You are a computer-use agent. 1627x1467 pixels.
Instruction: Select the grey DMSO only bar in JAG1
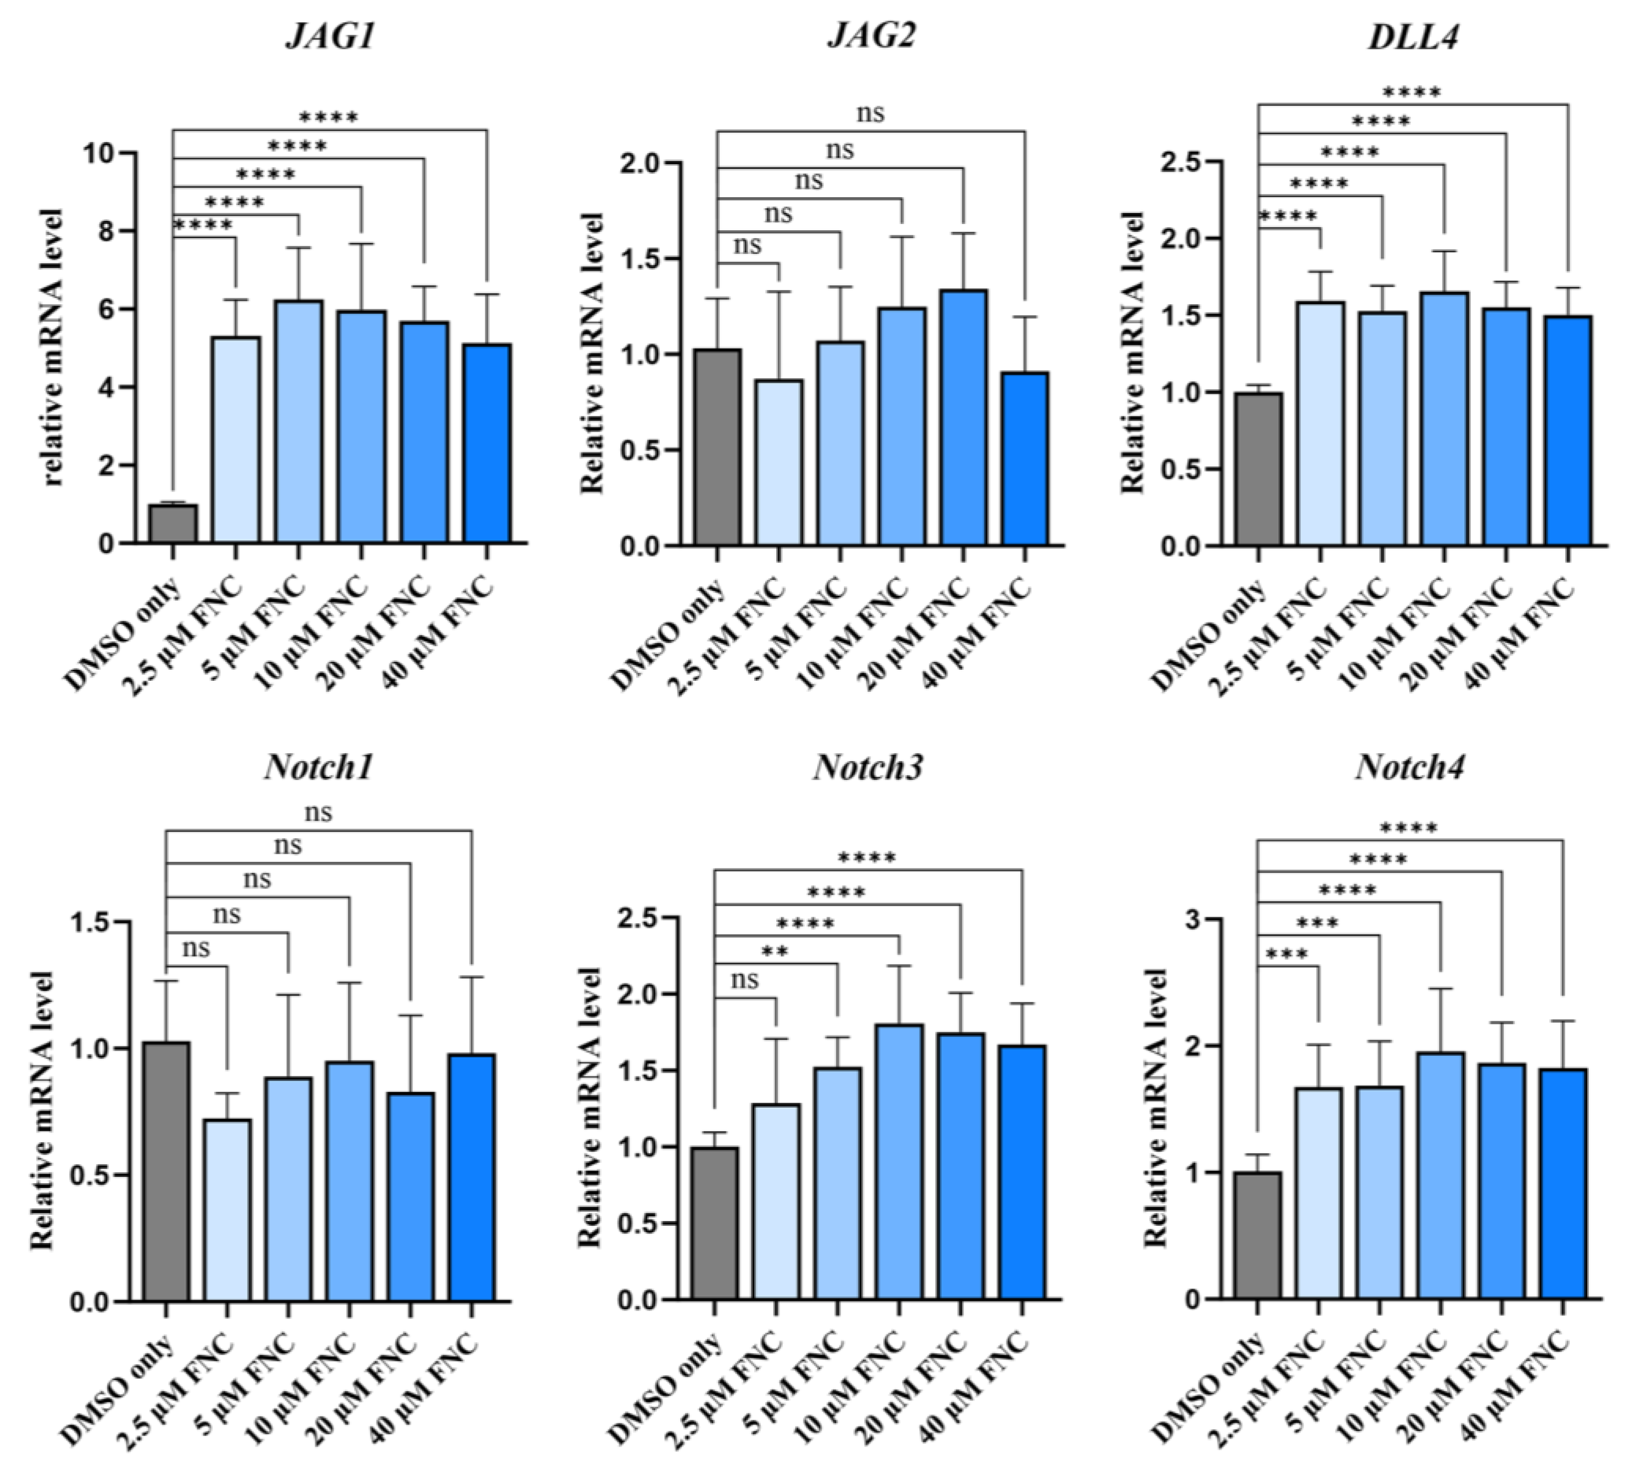(x=173, y=524)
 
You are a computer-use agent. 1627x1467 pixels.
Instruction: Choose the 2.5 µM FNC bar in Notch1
(x=227, y=1209)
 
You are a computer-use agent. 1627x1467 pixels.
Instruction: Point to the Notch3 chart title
(x=868, y=767)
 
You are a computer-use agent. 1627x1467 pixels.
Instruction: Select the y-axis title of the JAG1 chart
(x=52, y=347)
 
